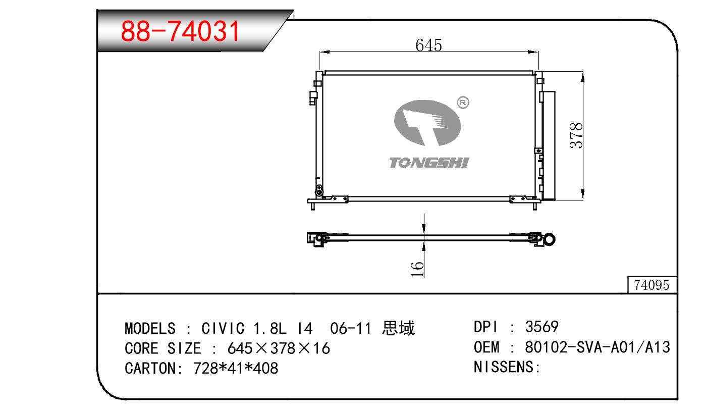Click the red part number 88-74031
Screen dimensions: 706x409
(x=180, y=31)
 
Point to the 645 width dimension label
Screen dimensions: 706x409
(x=428, y=45)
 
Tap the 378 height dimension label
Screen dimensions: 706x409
(x=576, y=135)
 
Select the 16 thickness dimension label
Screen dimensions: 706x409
(x=417, y=269)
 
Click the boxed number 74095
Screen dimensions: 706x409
(x=651, y=285)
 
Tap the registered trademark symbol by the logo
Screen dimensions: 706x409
(x=463, y=103)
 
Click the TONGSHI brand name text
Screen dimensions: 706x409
(x=429, y=163)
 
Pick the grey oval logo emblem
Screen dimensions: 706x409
(x=427, y=123)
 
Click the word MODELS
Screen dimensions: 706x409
(x=150, y=328)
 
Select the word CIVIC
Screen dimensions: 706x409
(x=223, y=328)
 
